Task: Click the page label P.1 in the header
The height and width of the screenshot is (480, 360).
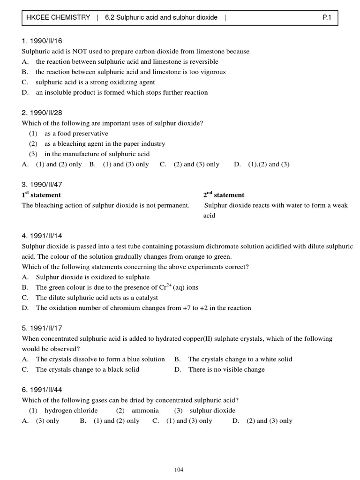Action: [x=327, y=17]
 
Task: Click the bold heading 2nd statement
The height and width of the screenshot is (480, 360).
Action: [x=224, y=195]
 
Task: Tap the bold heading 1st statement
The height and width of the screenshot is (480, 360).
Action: [x=41, y=195]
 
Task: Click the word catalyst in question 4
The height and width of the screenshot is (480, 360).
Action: [x=145, y=298]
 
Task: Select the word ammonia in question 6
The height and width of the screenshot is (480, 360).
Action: [x=145, y=411]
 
